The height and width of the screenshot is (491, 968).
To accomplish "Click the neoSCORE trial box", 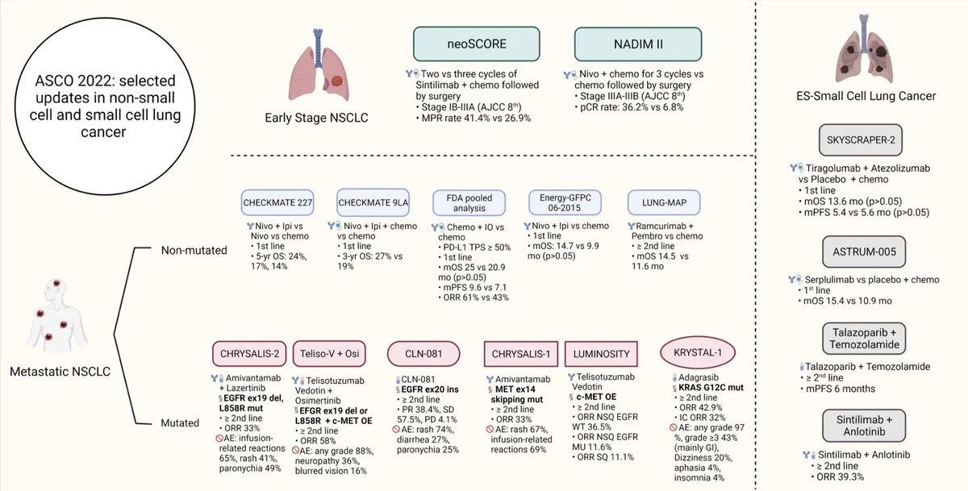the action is pos(476,44).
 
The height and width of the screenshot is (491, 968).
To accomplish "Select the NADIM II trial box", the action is pos(638,44).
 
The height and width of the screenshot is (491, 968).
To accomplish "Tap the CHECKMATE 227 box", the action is pos(277,202).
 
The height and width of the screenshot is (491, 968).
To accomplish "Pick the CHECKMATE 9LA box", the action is pos(373,202).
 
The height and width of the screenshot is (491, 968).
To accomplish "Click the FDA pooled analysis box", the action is pos(469,202).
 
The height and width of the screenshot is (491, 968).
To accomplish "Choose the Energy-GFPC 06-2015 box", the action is pos(565,202).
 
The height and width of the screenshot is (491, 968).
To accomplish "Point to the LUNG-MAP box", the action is pos(664,202).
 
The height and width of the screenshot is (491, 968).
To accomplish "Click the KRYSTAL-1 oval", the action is pos(698,352).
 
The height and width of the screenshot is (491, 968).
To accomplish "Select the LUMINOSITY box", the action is pos(601,354).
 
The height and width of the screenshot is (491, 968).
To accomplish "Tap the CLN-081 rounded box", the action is pos(423,354).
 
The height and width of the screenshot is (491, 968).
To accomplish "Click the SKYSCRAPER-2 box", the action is pos(861,140).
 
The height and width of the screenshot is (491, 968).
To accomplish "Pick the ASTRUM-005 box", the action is pos(864,252).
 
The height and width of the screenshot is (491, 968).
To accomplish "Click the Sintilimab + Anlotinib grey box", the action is pos(864,426).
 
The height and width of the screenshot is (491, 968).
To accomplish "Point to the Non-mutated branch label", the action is pos(194,250).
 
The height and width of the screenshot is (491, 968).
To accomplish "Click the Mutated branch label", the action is pos(180,422).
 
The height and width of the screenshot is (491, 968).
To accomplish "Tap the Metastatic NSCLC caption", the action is pos(60,372).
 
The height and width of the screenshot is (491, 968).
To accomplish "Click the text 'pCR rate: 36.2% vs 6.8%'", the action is pos(632,107).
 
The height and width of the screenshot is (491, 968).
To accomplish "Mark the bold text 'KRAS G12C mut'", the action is pos(711,387).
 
